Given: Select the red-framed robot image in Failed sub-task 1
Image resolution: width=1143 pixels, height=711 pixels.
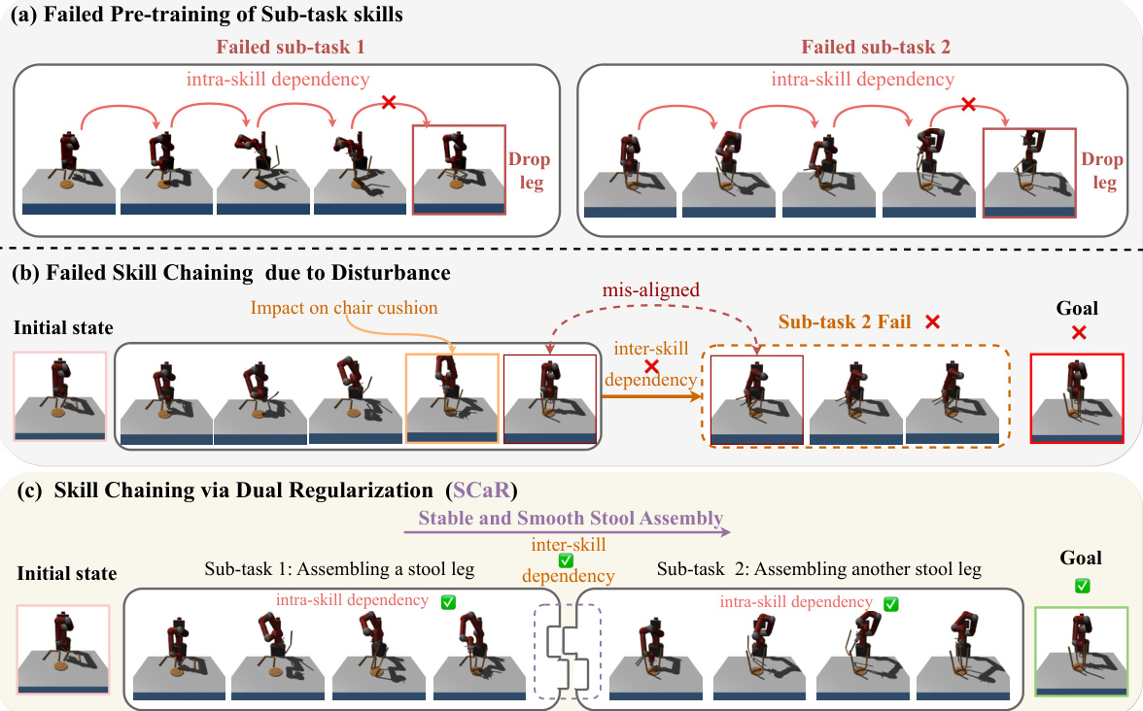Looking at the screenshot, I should pos(459,169).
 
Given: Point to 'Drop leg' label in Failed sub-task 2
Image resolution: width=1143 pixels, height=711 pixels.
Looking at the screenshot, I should pos(1102,171).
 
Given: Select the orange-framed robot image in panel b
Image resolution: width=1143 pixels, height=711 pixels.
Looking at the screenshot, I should pos(452,398).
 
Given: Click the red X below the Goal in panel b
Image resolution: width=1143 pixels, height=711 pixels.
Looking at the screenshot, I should pos(1078,332).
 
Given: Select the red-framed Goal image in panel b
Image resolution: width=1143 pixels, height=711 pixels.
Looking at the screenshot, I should pos(1077,398).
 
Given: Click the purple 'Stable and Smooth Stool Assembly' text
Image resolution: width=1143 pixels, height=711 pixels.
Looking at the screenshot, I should pos(571,517).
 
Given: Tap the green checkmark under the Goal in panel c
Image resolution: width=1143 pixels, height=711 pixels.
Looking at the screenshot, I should pos(1081,586).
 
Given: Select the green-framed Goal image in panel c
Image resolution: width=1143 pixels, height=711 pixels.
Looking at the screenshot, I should pos(1081,650).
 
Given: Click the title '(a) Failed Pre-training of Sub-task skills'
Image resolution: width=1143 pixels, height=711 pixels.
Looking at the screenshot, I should pos(207,15).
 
